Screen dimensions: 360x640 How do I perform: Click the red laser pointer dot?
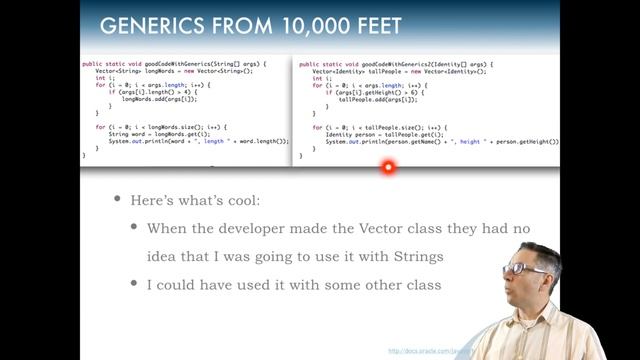point(388,167)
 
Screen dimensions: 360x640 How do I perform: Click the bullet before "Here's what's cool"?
point(118,200)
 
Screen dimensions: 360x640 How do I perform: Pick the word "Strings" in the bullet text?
point(415,257)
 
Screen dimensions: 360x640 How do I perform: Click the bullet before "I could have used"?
point(135,285)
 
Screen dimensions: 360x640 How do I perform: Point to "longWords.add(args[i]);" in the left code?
point(160,99)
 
